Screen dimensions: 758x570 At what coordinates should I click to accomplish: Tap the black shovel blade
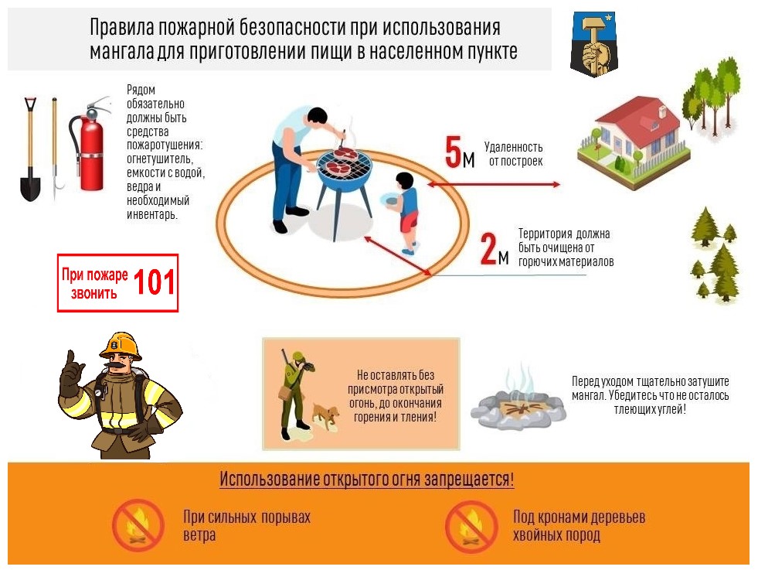(30, 184)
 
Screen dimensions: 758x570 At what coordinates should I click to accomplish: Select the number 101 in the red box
(154, 282)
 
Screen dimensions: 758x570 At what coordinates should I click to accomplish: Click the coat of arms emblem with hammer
(594, 43)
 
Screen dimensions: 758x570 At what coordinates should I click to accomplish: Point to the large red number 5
(454, 152)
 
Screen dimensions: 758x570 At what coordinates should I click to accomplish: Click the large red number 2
(489, 248)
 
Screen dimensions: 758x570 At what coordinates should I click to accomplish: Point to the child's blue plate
(389, 200)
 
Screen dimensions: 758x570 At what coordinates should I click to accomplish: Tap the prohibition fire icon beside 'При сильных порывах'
(138, 525)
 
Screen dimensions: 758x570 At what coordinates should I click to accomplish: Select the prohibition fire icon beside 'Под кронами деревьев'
(471, 527)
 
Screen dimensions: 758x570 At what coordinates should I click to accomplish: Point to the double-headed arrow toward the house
(494, 184)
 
